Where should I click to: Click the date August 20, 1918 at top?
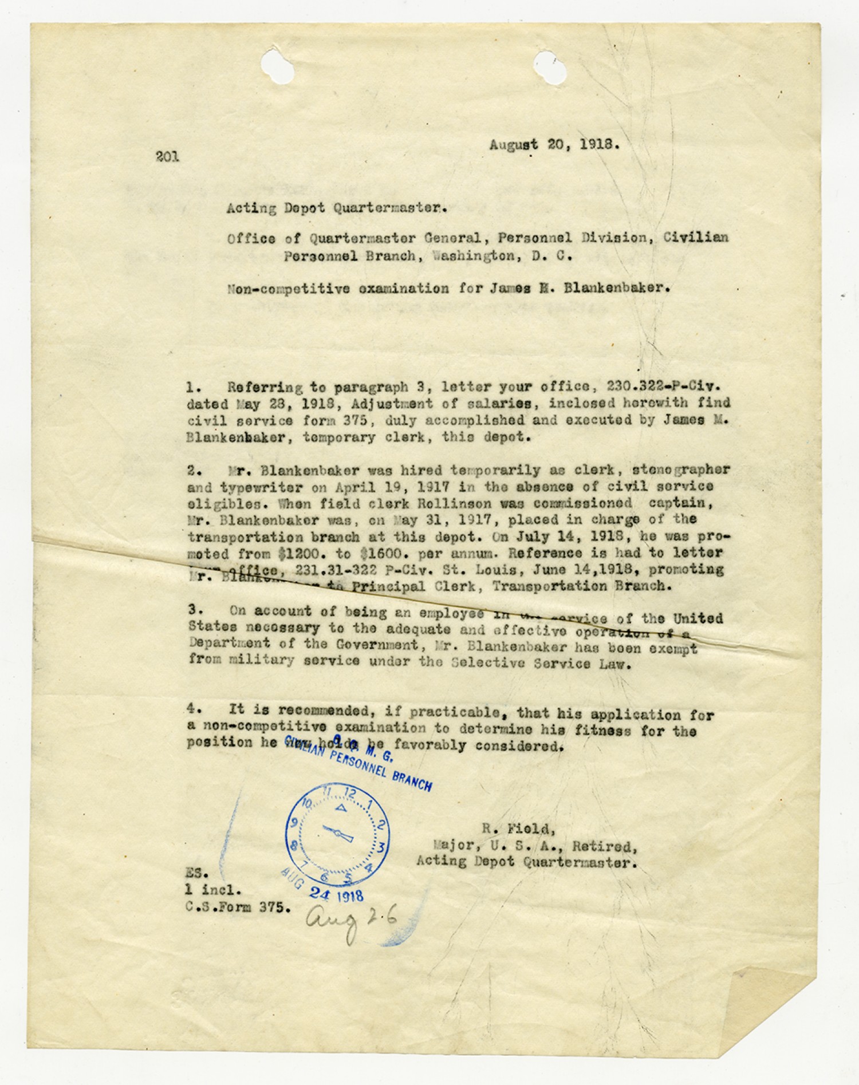tap(554, 145)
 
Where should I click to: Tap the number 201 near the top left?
tap(167, 156)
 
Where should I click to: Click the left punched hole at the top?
tap(277, 64)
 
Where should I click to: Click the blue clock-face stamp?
tap(338, 834)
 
